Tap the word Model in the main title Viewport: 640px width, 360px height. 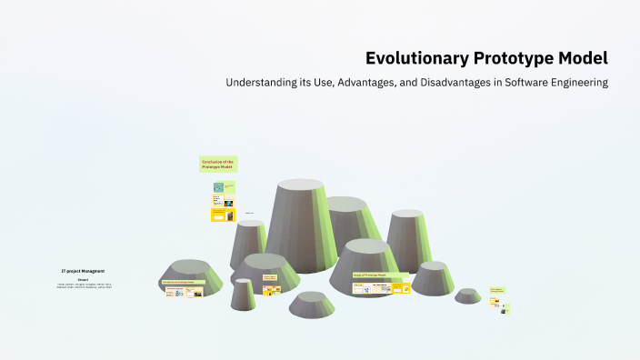coord(585,59)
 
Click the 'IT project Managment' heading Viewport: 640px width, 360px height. coord(83,271)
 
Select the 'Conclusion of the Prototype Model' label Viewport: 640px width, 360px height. coord(218,165)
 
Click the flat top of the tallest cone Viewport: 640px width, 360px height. coord(300,185)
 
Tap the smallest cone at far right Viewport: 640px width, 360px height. coord(468,295)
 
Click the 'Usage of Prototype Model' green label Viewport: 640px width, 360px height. coord(370,275)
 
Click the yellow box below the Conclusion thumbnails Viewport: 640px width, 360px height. coord(223,215)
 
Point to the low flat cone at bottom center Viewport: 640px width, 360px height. coord(312,305)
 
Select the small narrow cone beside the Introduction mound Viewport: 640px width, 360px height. coord(243,294)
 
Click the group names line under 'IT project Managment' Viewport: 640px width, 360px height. coord(84,285)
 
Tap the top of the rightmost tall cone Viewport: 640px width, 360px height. coord(407,214)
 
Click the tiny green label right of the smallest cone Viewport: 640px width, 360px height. coord(496,290)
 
